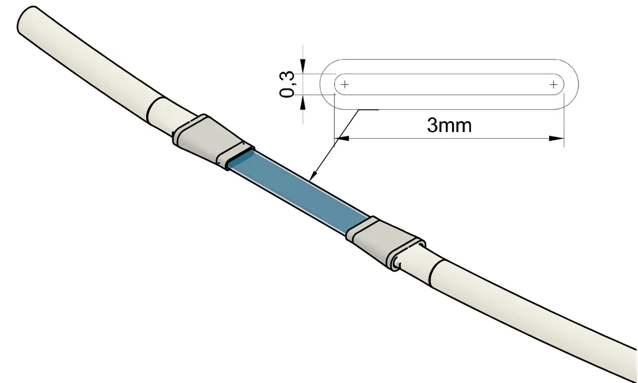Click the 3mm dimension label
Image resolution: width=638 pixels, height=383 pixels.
[449, 125]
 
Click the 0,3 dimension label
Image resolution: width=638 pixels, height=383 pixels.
[287, 84]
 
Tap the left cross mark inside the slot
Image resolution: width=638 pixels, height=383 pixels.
[345, 84]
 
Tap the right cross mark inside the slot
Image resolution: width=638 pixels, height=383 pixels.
[554, 84]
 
